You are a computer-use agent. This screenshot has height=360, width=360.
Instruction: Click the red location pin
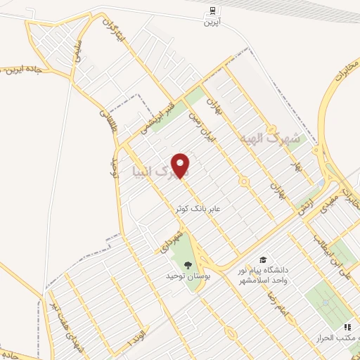pyautogui.click(x=182, y=165)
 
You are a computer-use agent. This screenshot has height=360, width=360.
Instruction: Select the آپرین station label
pyautogui.click(x=212, y=23)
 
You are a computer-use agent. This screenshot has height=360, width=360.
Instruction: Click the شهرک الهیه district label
pyautogui.click(x=270, y=138)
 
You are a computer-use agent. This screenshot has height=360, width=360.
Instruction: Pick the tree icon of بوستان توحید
pyautogui.click(x=188, y=264)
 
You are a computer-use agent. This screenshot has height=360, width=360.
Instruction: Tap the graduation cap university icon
pyautogui.click(x=263, y=259)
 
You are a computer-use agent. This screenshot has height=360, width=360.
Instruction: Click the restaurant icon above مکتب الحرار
pyautogui.click(x=347, y=327)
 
